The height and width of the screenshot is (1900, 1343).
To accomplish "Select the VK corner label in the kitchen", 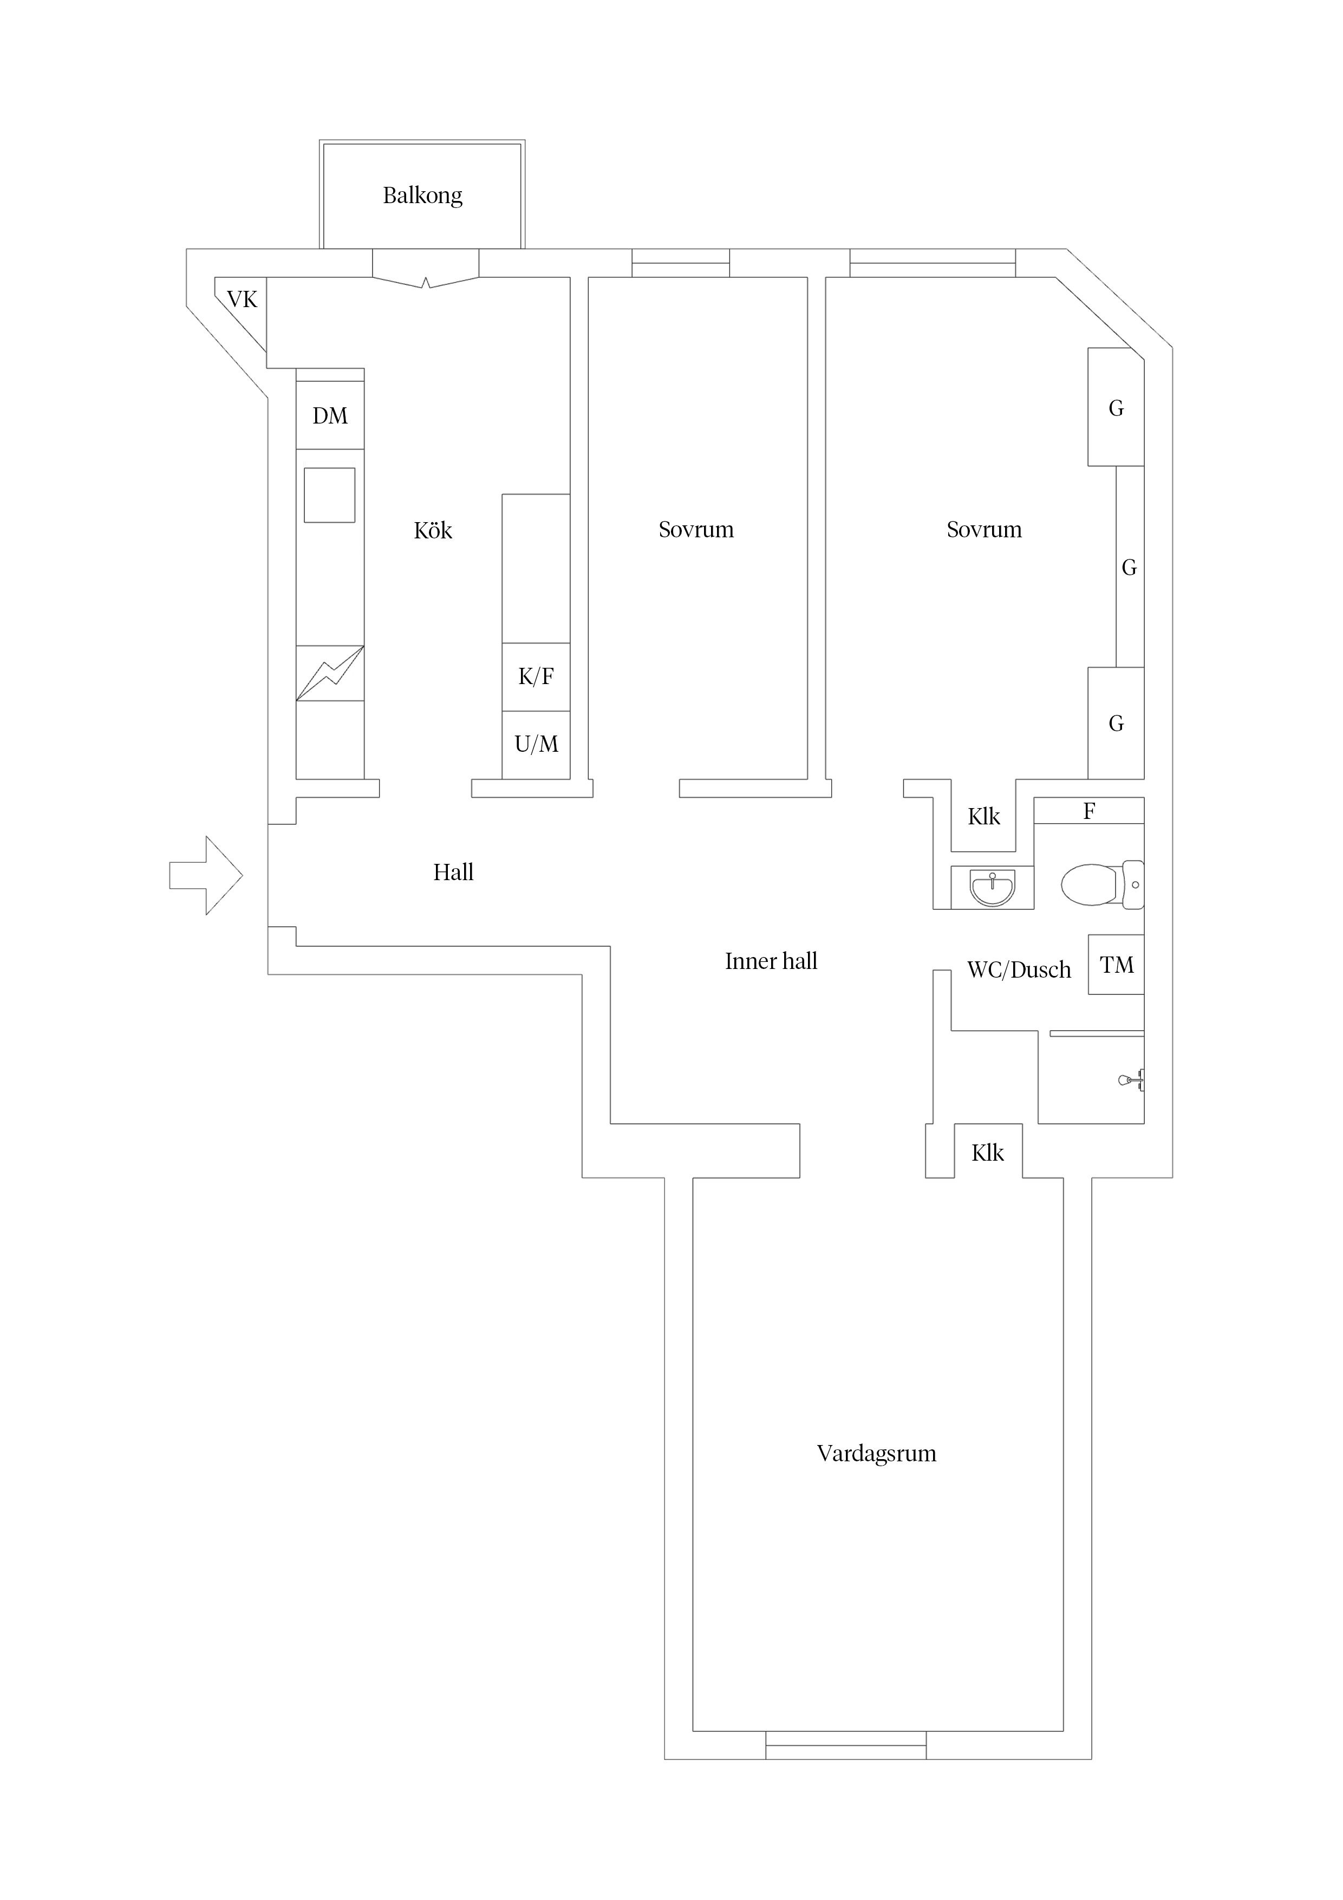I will (242, 300).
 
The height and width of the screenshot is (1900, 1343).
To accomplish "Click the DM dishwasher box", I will (330, 415).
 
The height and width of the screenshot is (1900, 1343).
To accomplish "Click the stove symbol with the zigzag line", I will (330, 673).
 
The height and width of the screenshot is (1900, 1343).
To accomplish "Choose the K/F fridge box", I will (536, 677).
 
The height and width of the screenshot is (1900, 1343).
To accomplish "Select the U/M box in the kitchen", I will (536, 745).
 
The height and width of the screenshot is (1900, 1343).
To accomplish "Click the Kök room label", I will (433, 530).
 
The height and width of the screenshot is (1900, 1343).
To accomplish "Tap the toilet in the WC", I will (1100, 884).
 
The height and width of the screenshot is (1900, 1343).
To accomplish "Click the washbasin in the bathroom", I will (992, 888).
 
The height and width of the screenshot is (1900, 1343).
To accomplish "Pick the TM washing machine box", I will (1116, 965).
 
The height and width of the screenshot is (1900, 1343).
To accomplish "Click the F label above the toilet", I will (1089, 812).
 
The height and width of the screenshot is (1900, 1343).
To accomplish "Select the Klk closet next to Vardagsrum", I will (987, 1153).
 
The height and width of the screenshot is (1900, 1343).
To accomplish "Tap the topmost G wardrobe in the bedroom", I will (1116, 408).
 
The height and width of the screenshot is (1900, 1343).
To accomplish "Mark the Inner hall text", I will (771, 961).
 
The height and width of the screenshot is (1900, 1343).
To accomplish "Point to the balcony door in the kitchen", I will (425, 279).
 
